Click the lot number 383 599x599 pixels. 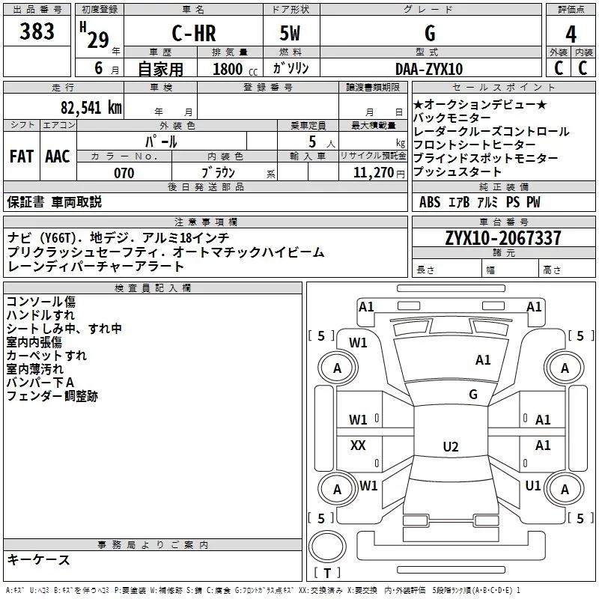[x=37, y=32]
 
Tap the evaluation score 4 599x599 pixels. [x=571, y=34]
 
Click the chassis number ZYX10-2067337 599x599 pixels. [x=502, y=239]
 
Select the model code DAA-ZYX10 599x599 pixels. [x=428, y=69]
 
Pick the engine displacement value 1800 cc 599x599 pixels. [x=229, y=70]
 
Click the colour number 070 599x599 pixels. [x=124, y=173]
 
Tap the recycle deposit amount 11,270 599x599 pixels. [x=372, y=173]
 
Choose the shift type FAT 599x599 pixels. [x=21, y=156]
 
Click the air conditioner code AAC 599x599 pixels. [x=58, y=156]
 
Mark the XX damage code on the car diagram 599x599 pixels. [x=358, y=446]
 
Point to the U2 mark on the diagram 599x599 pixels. [x=450, y=447]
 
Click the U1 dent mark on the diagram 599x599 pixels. [x=533, y=486]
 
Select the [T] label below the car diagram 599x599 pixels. [x=327, y=574]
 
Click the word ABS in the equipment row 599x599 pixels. [x=430, y=202]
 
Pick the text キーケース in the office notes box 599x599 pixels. [x=39, y=559]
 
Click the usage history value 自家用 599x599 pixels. [x=161, y=70]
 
